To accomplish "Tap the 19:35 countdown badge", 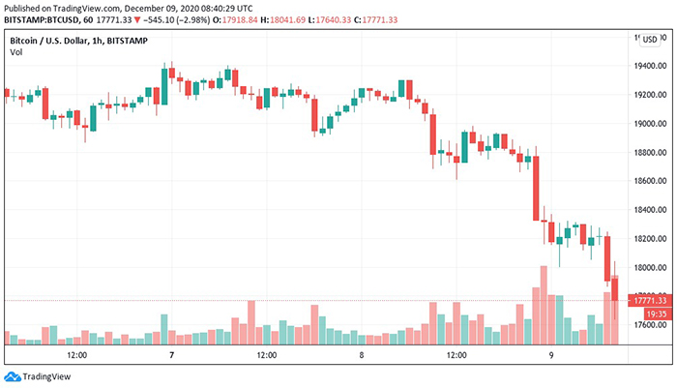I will tap(653, 314).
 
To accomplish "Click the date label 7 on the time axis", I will tap(171, 355).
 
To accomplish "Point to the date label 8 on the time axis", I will tap(362, 355).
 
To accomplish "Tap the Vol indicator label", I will tap(16, 52).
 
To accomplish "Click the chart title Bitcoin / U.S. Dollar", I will tap(59, 40).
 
